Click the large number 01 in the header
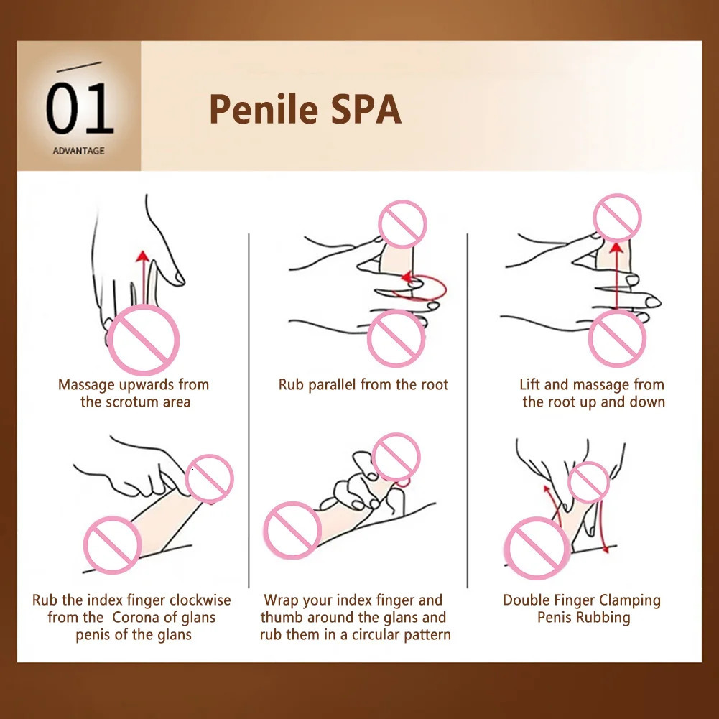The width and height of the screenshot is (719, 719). click(79, 110)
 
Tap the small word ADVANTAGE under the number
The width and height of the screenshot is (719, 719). click(78, 151)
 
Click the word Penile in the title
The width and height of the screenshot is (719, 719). click(263, 109)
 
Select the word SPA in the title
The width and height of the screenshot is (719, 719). click(364, 109)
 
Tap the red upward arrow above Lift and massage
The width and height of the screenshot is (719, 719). click(616, 273)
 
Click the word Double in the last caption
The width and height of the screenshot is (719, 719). click(527, 600)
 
